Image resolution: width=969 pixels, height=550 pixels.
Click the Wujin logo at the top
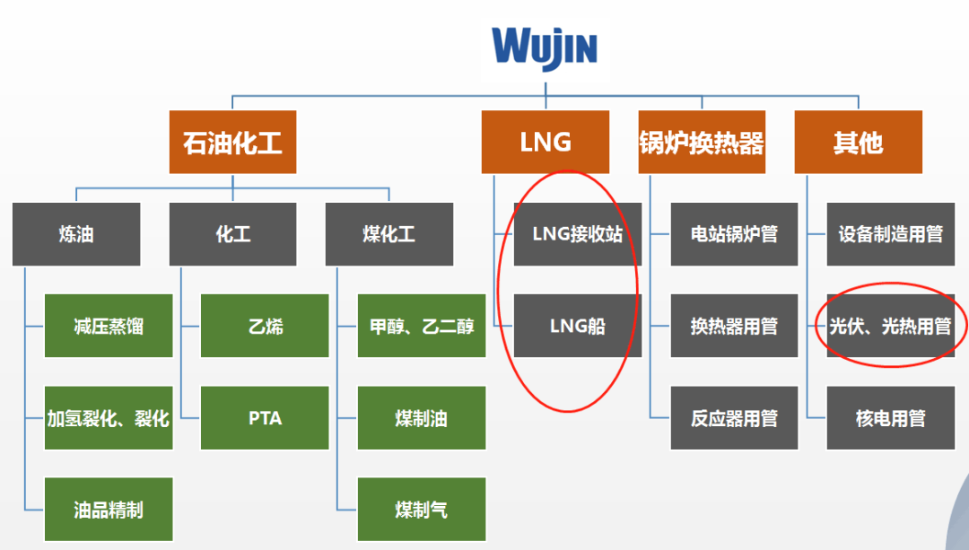[545, 47]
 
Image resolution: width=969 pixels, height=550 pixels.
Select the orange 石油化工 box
[232, 142]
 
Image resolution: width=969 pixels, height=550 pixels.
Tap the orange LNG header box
[545, 142]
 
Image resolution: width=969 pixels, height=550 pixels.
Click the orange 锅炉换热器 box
[702, 142]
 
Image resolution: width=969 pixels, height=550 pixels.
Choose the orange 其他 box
[858, 142]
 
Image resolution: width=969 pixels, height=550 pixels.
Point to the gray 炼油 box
[76, 234]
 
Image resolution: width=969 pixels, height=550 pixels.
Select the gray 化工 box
[232, 234]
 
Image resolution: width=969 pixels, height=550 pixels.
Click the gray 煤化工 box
[388, 234]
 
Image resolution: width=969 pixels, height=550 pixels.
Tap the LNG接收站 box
[577, 234]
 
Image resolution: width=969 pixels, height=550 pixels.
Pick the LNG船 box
[577, 326]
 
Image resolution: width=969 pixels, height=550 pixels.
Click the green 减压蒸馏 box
[108, 326]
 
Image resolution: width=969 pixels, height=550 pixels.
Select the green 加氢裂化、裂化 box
[108, 418]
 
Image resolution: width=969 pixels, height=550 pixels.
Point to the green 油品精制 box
[108, 510]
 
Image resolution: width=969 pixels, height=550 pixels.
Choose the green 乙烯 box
[265, 326]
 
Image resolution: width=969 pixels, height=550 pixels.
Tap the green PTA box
[265, 418]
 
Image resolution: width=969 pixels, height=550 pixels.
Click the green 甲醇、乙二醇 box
[421, 326]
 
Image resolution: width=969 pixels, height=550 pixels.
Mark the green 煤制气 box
[421, 510]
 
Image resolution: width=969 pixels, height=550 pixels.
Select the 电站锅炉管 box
[733, 234]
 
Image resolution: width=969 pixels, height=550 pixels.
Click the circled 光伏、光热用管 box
[890, 326]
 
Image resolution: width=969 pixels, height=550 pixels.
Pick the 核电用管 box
[890, 418]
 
